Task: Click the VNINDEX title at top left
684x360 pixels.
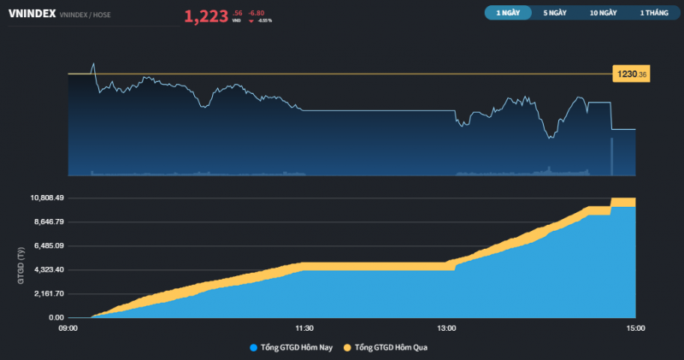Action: click(32, 15)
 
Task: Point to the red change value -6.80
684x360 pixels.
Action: click(256, 12)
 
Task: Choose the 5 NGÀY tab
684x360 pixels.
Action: click(554, 13)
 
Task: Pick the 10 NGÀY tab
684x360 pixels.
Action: click(603, 13)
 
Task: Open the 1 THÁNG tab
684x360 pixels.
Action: click(653, 13)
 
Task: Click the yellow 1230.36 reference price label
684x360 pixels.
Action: click(631, 75)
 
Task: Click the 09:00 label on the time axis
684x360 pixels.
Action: click(68, 328)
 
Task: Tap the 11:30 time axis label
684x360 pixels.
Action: click(304, 328)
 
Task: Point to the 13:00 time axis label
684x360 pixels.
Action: click(446, 328)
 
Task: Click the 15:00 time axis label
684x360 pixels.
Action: click(635, 328)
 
